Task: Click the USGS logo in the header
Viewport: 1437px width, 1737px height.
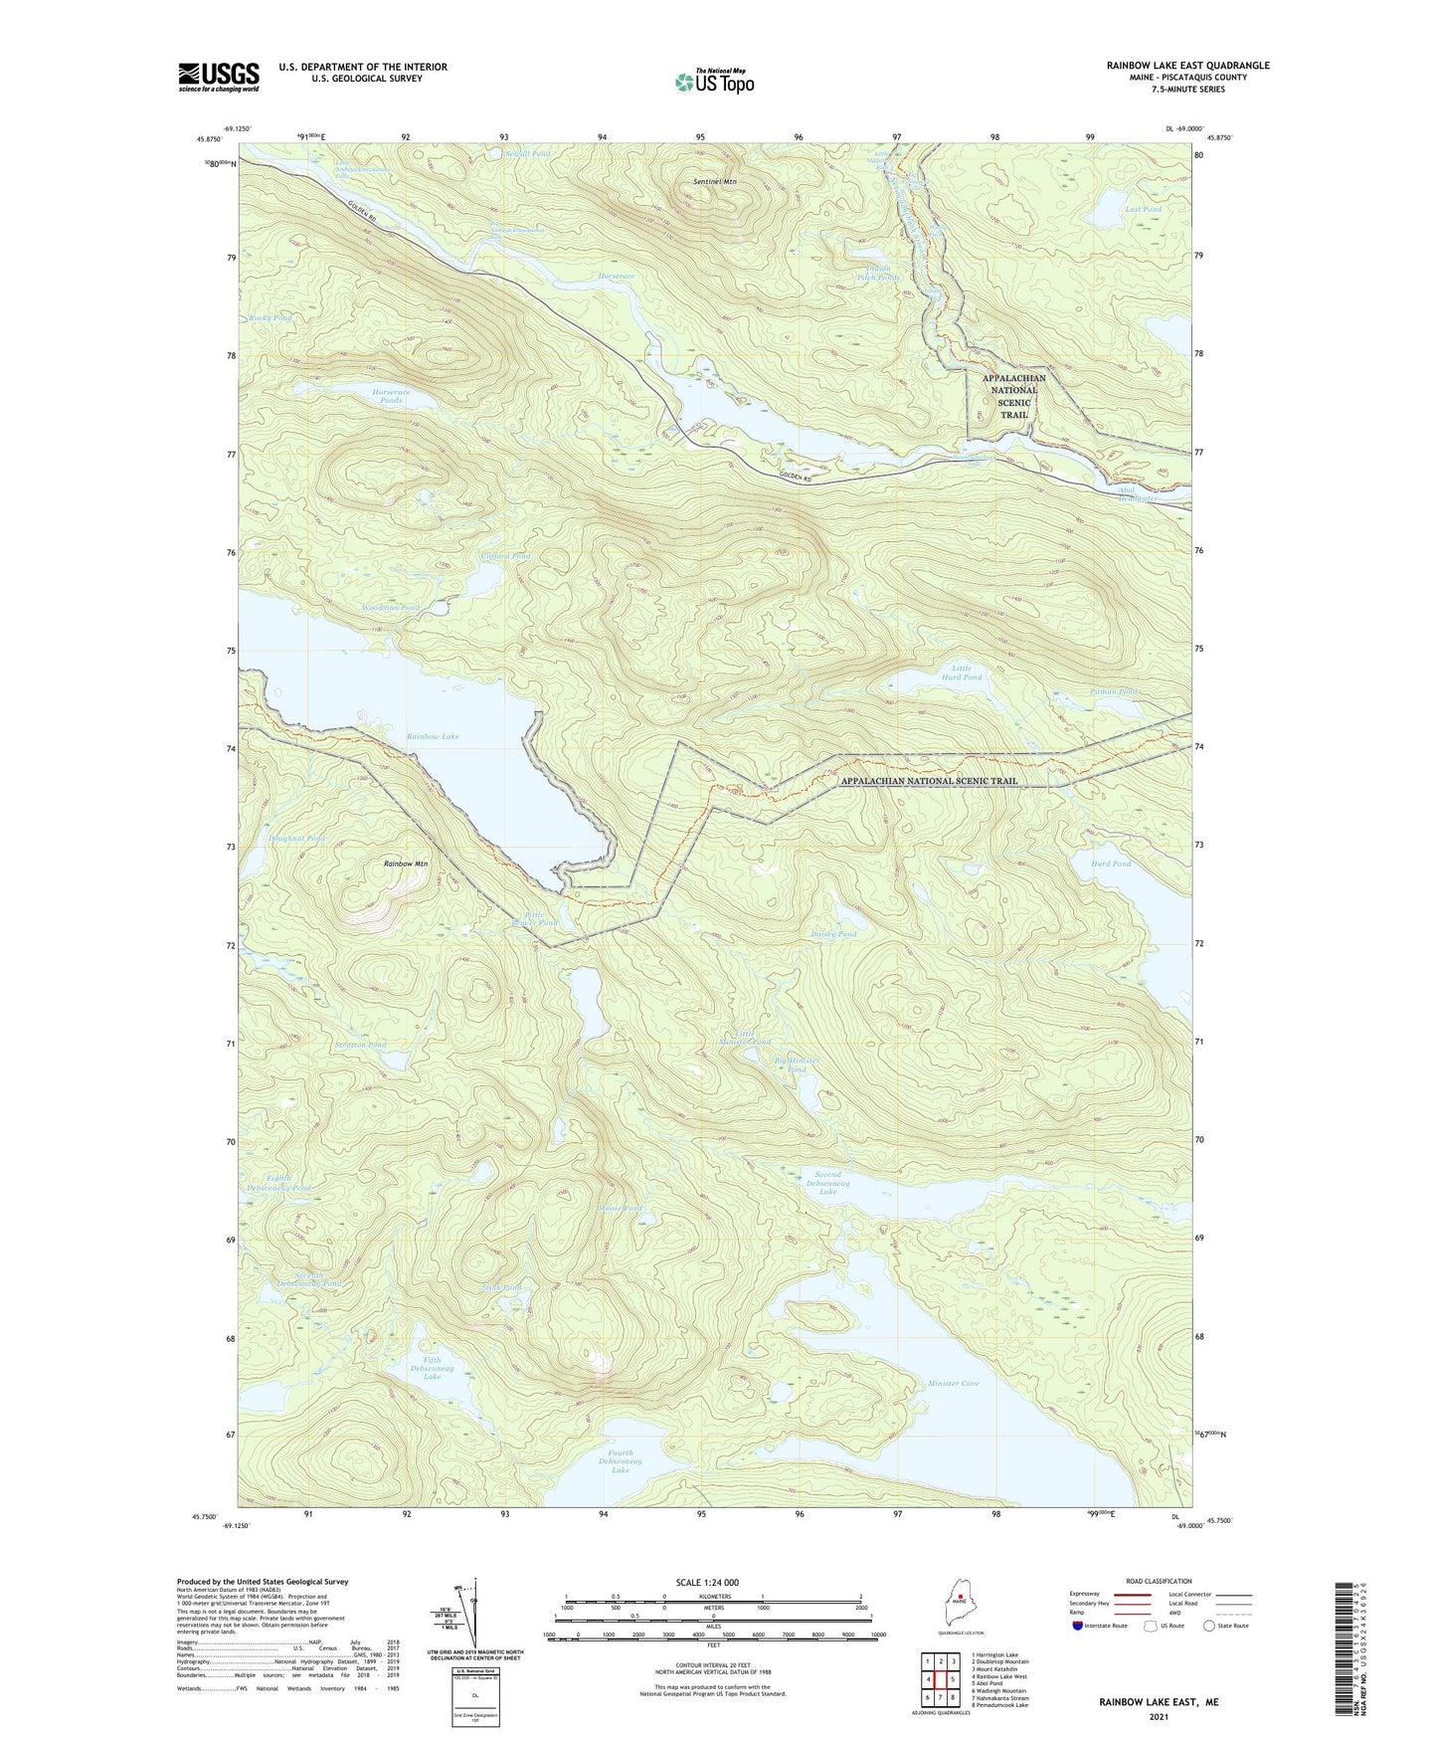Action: [219, 77]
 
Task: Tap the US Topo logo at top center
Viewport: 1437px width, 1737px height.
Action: [713, 83]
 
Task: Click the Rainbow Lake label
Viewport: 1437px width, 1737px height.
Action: [433, 736]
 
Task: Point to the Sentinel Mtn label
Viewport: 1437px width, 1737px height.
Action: [715, 182]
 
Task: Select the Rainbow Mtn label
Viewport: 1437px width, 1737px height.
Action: [406, 864]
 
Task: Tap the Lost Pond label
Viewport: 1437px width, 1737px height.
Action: [1143, 210]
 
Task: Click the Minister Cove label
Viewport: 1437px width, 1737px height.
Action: [953, 1383]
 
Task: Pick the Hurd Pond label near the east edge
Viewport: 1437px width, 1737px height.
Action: [1111, 864]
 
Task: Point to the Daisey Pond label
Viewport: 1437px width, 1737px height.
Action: [834, 934]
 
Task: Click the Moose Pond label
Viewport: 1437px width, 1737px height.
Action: [620, 1208]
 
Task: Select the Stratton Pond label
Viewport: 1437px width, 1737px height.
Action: [360, 1045]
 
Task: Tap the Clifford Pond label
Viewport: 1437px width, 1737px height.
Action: [505, 556]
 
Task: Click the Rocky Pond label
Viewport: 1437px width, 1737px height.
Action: [269, 317]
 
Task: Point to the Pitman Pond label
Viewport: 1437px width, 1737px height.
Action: [1114, 691]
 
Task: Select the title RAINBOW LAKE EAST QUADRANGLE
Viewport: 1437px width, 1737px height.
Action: [1187, 66]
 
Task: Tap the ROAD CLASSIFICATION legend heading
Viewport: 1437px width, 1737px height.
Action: [1159, 1581]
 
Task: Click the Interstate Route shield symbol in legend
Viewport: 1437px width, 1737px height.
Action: [1079, 1627]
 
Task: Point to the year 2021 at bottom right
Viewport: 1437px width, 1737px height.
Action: [1159, 1716]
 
